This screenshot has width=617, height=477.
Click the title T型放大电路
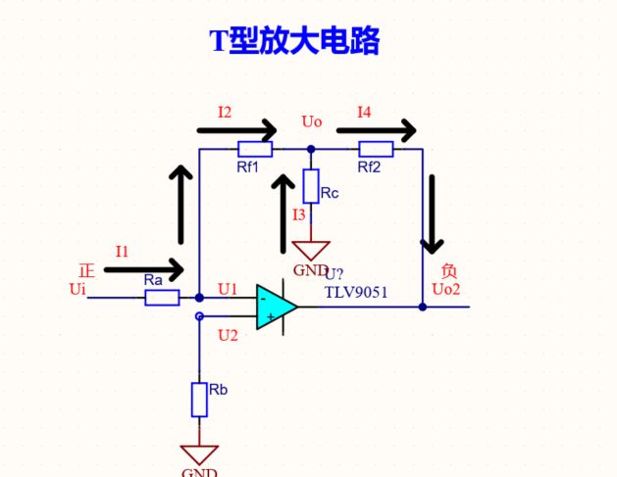[294, 41]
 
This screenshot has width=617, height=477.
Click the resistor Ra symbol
[162, 298]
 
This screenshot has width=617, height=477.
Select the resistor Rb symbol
[199, 400]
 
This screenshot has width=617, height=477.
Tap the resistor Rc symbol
[311, 186]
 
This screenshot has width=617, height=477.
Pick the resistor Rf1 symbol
[255, 149]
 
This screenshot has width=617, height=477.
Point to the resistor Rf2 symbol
[376, 149]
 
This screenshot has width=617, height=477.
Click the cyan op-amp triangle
[276, 307]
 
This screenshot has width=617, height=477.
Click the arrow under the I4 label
[376, 129]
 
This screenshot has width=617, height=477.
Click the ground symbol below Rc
[312, 251]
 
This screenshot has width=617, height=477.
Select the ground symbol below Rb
[199, 453]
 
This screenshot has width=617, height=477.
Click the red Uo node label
[312, 121]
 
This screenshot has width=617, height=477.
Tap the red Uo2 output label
[445, 289]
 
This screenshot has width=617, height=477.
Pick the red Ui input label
[77, 289]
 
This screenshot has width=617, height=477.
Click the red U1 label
[228, 289]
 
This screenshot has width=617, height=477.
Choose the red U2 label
[228, 335]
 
